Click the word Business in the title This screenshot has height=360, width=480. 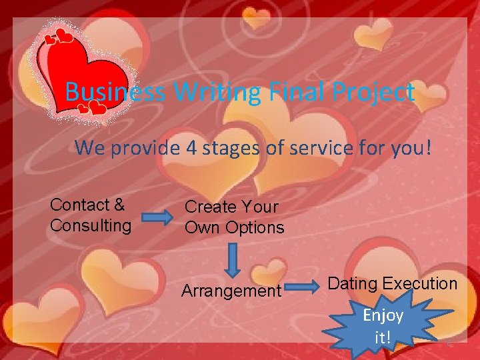pos(115,92)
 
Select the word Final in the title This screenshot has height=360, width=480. pos(290,92)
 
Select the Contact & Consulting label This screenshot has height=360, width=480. pos(91,215)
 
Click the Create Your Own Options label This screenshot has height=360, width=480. pos(234,217)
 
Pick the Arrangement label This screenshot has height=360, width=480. pos(231,291)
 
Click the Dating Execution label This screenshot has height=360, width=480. pos(393,283)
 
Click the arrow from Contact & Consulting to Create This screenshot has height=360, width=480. pos(157,217)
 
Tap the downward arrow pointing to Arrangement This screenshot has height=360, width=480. pos(232,259)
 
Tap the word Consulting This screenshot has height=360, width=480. pos(91,225)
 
